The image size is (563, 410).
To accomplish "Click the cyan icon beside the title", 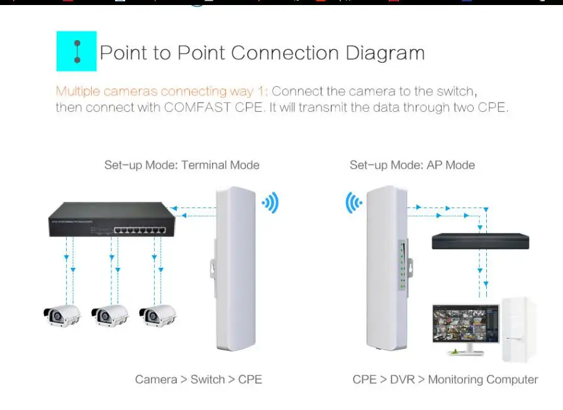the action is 77,52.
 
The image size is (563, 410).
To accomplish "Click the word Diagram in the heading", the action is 385,53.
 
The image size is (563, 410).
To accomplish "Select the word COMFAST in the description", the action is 198,108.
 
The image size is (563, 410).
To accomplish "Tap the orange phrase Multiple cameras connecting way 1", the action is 162,91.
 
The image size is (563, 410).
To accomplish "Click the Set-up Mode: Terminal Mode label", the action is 182,165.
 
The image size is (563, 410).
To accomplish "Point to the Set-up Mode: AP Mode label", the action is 412,165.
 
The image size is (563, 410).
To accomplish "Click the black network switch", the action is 112,219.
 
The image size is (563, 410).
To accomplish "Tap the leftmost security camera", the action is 62,316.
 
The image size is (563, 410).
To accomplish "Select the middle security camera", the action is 110,316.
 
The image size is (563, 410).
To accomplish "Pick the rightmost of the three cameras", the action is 158,316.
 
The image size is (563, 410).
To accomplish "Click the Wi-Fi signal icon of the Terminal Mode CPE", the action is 270,202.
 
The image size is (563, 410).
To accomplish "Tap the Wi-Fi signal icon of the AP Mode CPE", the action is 354,202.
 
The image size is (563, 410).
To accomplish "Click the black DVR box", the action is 481,241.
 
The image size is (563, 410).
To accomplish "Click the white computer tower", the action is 518,330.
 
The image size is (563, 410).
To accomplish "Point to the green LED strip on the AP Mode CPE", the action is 403,265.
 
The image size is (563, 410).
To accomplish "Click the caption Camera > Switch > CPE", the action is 199,379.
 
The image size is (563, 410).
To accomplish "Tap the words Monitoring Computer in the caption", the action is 483,379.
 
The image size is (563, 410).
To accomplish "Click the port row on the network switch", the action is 140,230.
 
